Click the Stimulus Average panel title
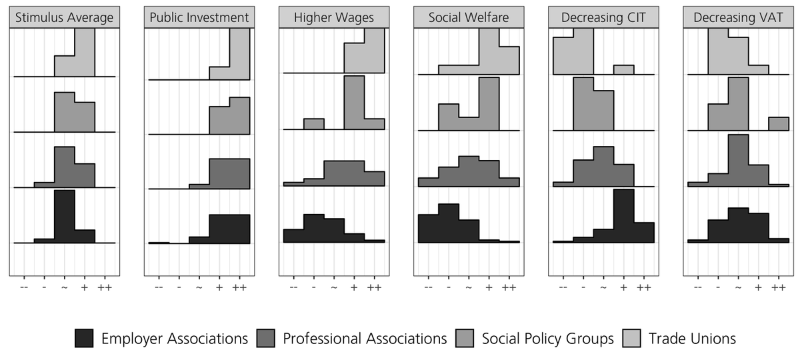(x=64, y=18)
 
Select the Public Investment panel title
(x=199, y=18)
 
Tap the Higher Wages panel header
(x=333, y=18)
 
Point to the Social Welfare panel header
(x=468, y=18)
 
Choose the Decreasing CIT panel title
(x=603, y=18)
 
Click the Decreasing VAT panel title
(x=738, y=18)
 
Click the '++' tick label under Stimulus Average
(x=105, y=287)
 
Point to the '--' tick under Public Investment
(x=159, y=287)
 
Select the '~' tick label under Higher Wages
(x=334, y=287)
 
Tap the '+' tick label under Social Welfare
(x=489, y=287)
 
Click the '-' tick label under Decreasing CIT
(x=583, y=287)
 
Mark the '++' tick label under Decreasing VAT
(x=778, y=287)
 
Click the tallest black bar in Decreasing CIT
(x=623, y=217)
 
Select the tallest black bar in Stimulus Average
(x=64, y=217)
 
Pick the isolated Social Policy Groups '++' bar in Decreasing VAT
(x=778, y=124)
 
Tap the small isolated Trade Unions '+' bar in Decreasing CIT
(x=623, y=70)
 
